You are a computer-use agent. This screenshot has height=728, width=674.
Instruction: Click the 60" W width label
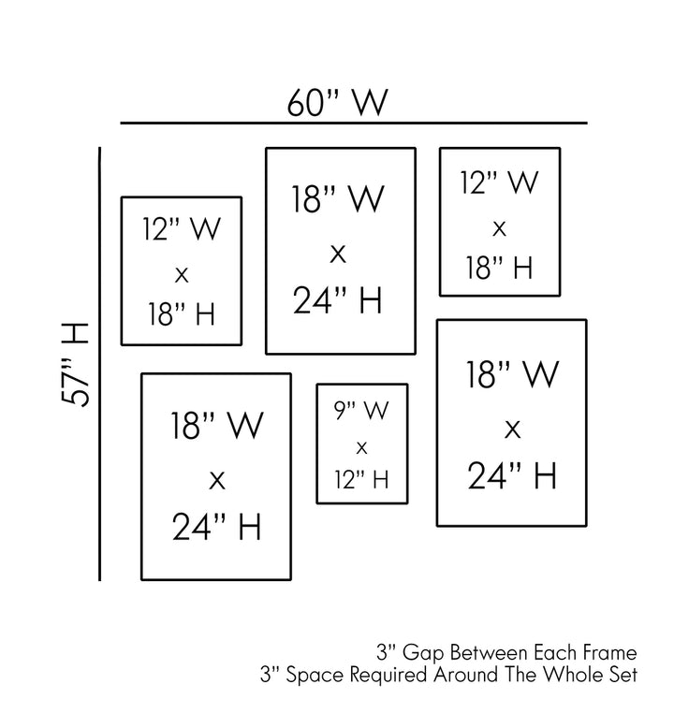336,102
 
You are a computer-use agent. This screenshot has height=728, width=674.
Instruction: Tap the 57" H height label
75,364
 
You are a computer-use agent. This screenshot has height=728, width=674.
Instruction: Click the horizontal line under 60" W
353,123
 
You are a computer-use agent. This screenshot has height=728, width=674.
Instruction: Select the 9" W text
360,410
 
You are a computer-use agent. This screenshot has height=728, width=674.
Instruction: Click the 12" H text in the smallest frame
361,480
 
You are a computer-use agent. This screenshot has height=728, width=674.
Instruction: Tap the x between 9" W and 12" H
361,446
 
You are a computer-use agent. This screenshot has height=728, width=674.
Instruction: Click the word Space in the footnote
313,673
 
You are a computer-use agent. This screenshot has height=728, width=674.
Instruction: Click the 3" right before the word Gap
383,651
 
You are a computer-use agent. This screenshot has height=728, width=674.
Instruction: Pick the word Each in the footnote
556,651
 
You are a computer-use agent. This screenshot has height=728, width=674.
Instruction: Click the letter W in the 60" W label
368,102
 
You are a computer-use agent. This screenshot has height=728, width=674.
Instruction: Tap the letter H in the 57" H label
75,334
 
